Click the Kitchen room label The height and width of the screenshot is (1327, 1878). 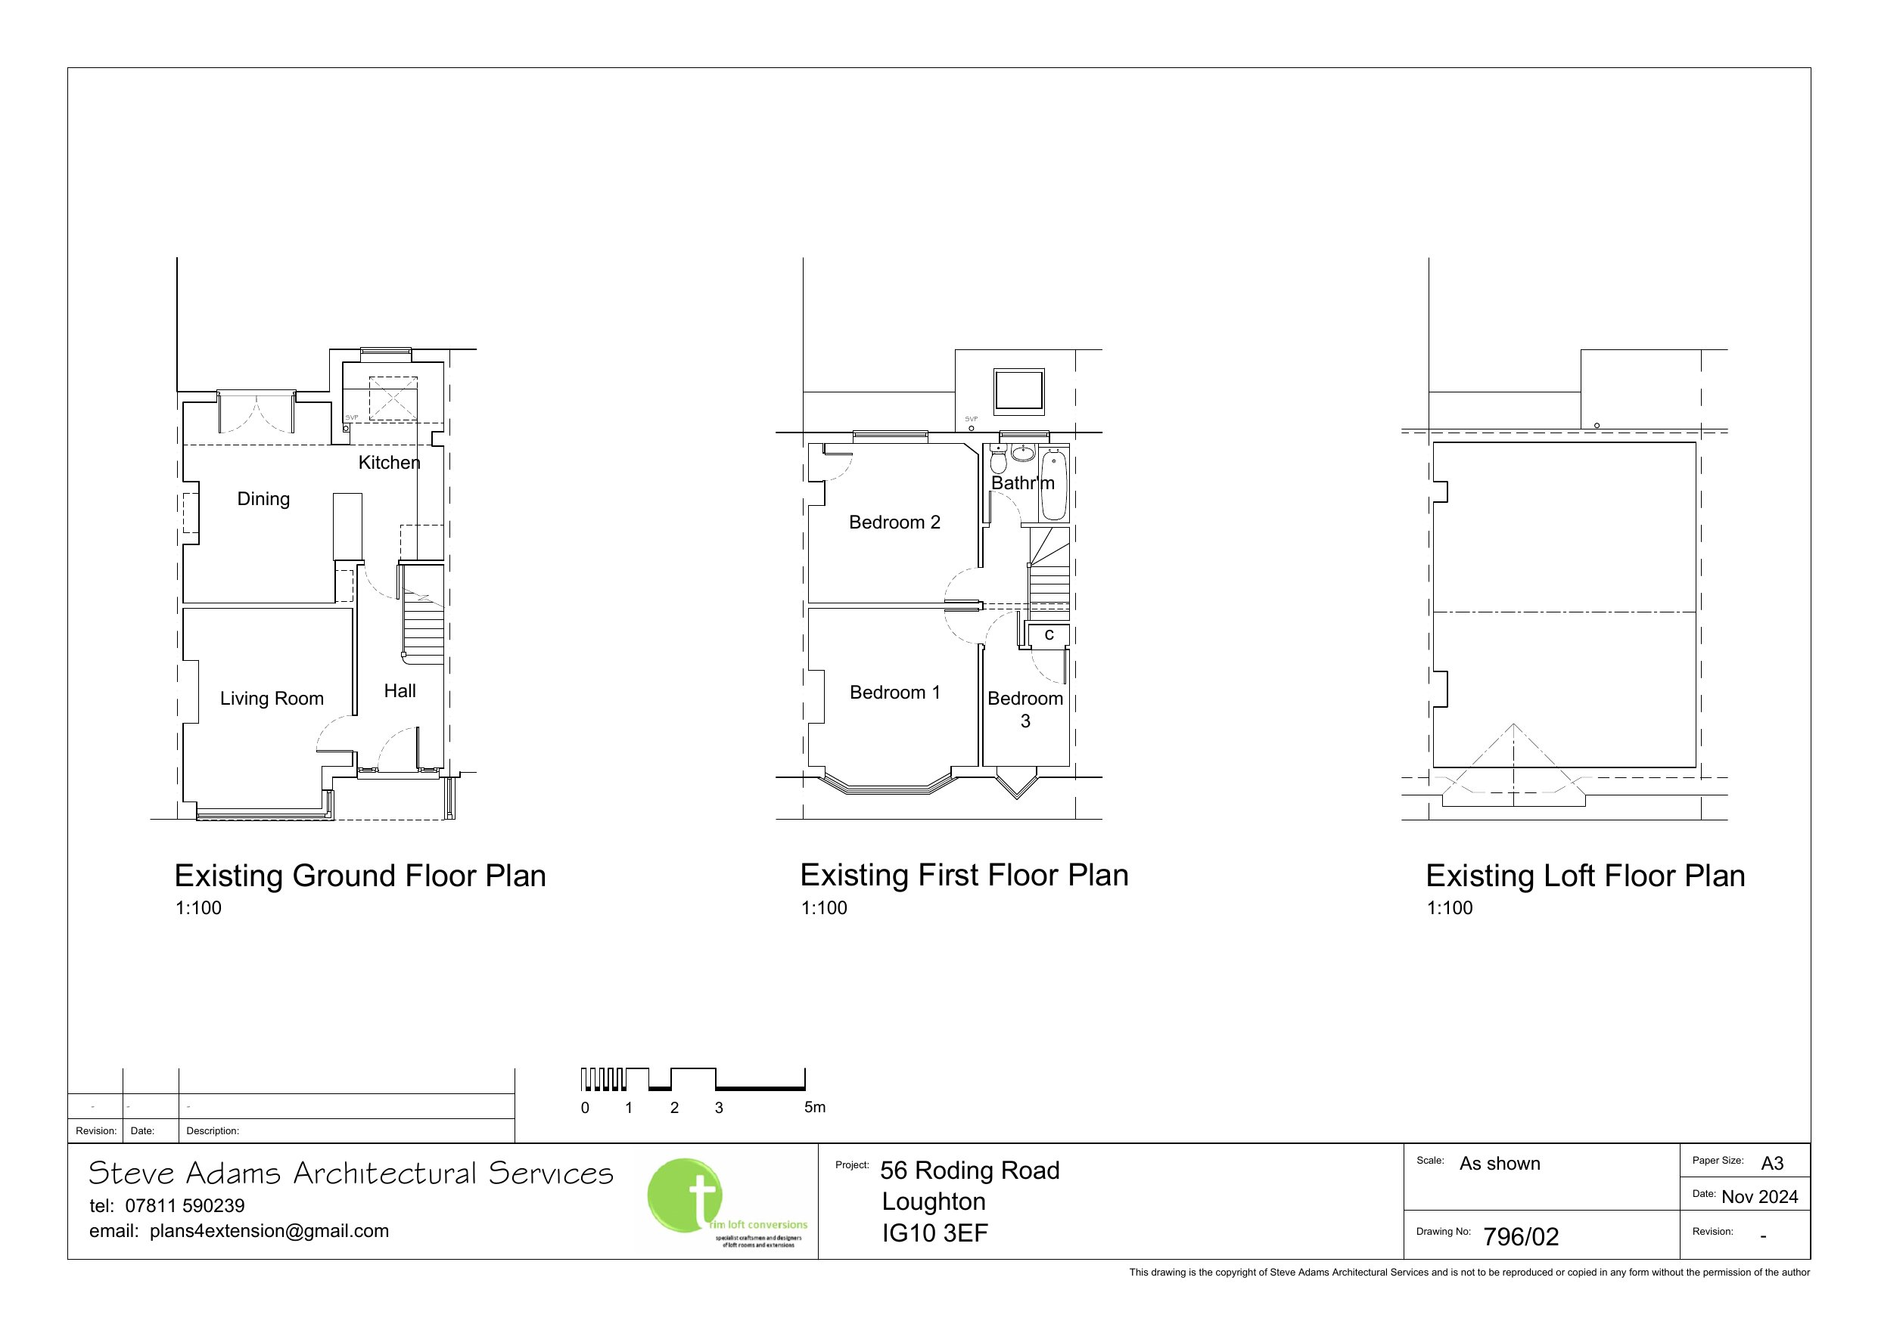[390, 463]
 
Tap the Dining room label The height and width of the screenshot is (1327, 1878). [263, 499]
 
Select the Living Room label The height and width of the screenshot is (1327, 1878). [272, 698]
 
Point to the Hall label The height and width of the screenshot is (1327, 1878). [400, 691]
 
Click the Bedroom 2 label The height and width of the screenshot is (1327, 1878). [895, 522]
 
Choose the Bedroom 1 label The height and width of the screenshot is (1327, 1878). [895, 693]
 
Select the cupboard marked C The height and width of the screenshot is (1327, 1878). [1049, 635]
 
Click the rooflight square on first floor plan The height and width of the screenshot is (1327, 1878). [1018, 391]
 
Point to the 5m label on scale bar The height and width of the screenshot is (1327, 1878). [815, 1107]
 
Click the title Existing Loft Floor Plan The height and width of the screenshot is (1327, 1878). [1585, 876]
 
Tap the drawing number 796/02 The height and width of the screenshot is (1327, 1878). [1522, 1237]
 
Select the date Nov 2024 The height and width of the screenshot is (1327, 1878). [1759, 1197]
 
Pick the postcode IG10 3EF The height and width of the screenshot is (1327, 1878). [935, 1233]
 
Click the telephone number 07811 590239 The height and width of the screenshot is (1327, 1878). [185, 1205]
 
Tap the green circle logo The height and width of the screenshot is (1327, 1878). [685, 1195]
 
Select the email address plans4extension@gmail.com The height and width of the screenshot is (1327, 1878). [269, 1231]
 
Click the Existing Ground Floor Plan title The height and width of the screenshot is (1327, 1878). [360, 876]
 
